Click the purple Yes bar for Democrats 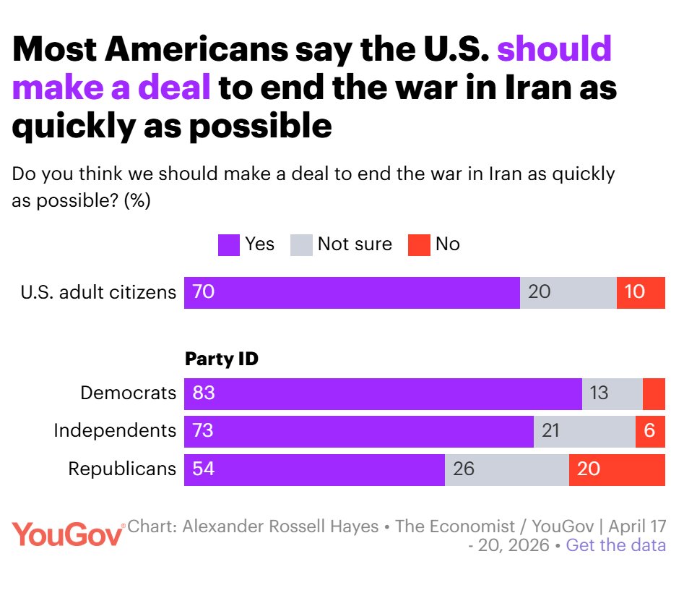click(x=383, y=393)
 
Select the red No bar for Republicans click(x=617, y=469)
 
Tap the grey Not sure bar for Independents click(x=584, y=431)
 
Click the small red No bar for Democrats click(x=654, y=393)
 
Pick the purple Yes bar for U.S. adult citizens click(x=352, y=292)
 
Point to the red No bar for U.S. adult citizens click(x=641, y=292)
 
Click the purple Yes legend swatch click(x=228, y=245)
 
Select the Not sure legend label click(x=355, y=244)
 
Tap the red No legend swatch click(x=419, y=245)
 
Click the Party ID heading click(x=222, y=359)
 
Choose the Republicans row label click(x=122, y=469)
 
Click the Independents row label click(x=115, y=431)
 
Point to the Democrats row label click(x=128, y=393)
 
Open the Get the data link click(x=615, y=545)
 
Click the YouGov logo click(x=68, y=535)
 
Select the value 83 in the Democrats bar click(x=204, y=393)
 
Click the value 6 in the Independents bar click(x=649, y=431)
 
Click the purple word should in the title click(x=555, y=50)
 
